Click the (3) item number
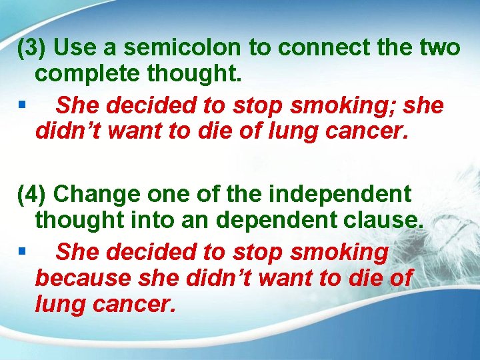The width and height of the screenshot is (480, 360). pos(32,48)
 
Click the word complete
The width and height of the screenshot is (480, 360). pos(90,75)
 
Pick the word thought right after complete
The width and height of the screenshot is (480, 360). pos(195,75)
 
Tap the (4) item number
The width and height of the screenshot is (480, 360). pos(32,195)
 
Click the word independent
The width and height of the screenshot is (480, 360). pos(339,195)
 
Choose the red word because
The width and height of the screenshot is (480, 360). pos(84,277)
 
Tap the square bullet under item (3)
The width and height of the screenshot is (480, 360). pos(23,104)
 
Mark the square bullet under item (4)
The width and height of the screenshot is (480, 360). pos(23,251)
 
